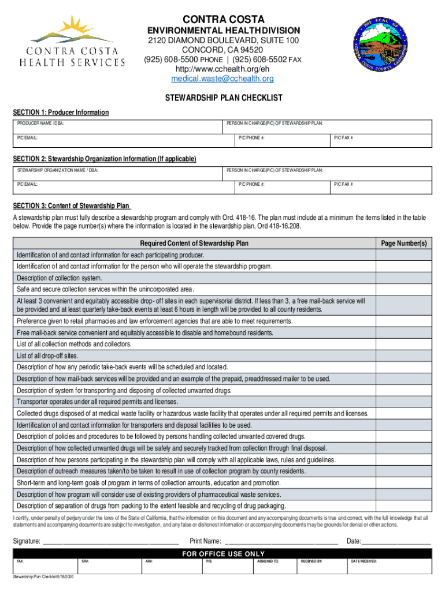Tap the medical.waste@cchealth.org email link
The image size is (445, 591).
pos(222,78)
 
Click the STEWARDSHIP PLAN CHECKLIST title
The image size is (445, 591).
pos(222,98)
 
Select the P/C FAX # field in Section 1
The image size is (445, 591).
pos(381,141)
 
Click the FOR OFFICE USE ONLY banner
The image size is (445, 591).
pos(222,554)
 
